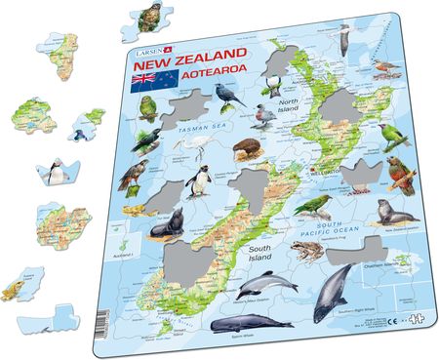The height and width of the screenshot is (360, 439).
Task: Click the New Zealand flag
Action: [x=145, y=77]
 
